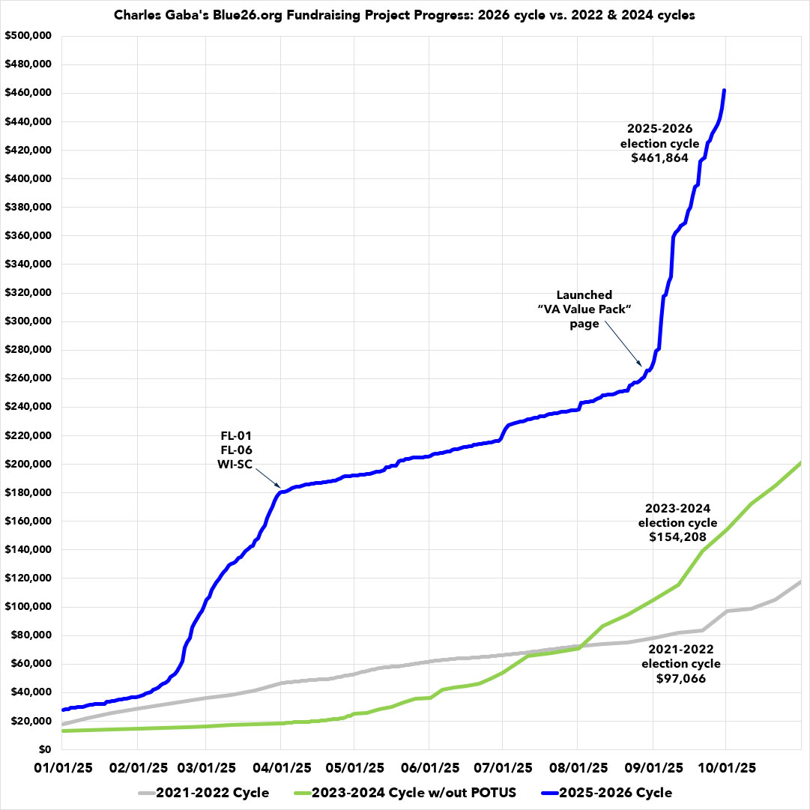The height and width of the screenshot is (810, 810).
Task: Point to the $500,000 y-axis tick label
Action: (x=27, y=36)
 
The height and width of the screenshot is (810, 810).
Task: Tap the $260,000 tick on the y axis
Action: (x=27, y=378)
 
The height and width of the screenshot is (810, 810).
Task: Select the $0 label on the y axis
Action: (x=41, y=749)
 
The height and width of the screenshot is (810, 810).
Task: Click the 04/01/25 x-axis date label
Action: (x=282, y=769)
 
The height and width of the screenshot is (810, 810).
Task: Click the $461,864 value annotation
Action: (x=659, y=159)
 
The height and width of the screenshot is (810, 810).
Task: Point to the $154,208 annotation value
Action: (x=677, y=537)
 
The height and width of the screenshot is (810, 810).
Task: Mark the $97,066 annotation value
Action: (x=680, y=678)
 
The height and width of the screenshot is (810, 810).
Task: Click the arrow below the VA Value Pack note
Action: (x=625, y=343)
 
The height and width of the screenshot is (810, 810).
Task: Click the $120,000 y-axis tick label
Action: (x=27, y=578)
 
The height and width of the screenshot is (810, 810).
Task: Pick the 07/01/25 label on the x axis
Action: (x=504, y=769)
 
